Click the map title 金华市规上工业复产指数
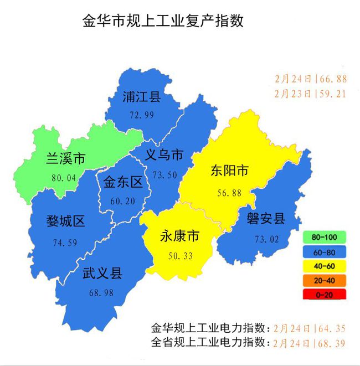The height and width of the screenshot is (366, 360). [x=163, y=22]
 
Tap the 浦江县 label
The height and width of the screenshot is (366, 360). [x=141, y=98]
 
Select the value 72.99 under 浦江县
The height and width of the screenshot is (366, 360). [x=141, y=115]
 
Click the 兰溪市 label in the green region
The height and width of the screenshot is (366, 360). [x=66, y=159]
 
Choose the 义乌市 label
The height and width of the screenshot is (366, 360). [x=164, y=155]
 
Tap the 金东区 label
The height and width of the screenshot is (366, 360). [x=123, y=182]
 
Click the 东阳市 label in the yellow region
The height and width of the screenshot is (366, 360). [x=229, y=172]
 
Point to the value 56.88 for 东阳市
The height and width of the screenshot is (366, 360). [x=229, y=193]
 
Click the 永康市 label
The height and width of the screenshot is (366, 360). [x=179, y=236]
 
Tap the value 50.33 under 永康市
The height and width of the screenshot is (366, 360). [x=179, y=255]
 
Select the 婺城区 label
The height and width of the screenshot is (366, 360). [x=65, y=223]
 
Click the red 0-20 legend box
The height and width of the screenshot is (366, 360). [x=325, y=295]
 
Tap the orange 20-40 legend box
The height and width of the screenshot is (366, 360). [x=325, y=280]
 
